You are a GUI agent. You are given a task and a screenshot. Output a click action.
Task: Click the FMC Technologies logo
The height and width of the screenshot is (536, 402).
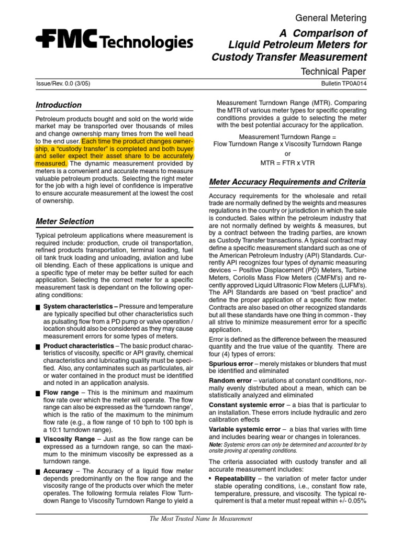click(x=114, y=41)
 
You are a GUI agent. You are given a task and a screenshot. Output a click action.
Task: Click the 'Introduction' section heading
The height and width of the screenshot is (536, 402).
click(x=59, y=105)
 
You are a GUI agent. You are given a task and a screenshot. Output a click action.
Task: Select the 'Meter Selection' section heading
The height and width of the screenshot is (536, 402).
click(x=65, y=221)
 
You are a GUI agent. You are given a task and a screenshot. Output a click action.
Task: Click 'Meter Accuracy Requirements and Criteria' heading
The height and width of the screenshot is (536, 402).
click(x=287, y=182)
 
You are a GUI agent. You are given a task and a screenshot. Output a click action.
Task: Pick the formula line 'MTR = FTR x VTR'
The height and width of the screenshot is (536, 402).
click(x=287, y=163)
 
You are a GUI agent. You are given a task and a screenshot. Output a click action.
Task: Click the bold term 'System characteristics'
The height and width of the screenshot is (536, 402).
click(x=77, y=306)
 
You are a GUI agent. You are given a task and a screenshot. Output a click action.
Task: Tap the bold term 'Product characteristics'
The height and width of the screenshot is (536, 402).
click(x=78, y=346)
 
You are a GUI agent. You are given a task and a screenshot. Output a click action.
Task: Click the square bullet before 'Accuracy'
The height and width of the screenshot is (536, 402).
click(x=38, y=472)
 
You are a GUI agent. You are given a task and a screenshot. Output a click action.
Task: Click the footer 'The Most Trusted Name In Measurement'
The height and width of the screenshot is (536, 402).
click(x=202, y=519)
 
